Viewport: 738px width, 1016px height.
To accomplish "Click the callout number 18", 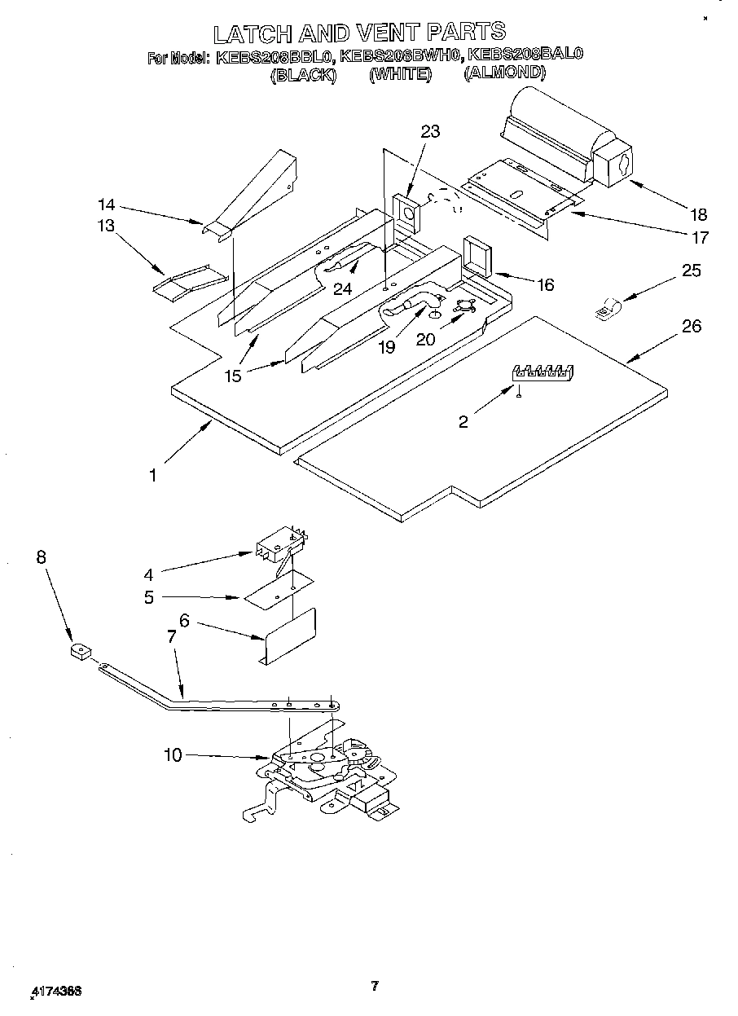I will click(x=698, y=215).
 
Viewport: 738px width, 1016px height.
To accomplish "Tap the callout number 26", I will click(x=691, y=327).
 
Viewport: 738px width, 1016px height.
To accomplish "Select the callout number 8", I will click(x=41, y=557).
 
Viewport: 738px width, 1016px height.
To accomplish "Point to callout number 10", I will click(x=173, y=755).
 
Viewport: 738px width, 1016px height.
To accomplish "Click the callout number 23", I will click(x=430, y=132).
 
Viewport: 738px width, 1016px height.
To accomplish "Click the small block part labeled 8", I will click(x=79, y=652).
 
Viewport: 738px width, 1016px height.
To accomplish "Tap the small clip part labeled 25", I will click(x=607, y=310).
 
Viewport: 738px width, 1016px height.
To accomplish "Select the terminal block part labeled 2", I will click(x=543, y=372).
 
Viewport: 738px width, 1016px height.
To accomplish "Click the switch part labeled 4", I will click(x=279, y=543).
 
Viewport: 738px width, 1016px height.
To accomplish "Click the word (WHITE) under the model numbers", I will click(x=399, y=74).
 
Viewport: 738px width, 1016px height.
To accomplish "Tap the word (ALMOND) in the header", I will click(x=504, y=73).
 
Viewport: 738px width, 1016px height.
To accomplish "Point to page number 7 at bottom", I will click(x=374, y=986).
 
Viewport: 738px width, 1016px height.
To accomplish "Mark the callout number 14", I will click(x=107, y=205).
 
